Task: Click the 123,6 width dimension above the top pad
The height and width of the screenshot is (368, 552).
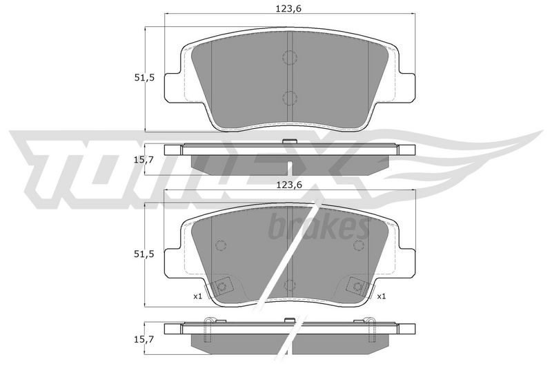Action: click(x=288, y=9)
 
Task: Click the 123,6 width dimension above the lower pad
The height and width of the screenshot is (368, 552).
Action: click(x=289, y=185)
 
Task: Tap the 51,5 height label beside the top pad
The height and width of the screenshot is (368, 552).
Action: click(x=144, y=78)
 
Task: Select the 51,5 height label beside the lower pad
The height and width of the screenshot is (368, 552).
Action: click(x=144, y=254)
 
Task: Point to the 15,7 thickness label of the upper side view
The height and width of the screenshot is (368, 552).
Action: click(x=144, y=160)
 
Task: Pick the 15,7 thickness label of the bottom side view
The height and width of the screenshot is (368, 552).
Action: click(x=144, y=340)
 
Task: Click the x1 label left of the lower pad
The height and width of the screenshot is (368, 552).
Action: click(x=197, y=296)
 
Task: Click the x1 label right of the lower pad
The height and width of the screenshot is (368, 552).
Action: click(x=382, y=296)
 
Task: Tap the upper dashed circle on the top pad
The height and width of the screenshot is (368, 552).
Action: click(x=290, y=57)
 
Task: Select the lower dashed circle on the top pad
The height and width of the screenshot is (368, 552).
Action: click(x=290, y=98)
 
